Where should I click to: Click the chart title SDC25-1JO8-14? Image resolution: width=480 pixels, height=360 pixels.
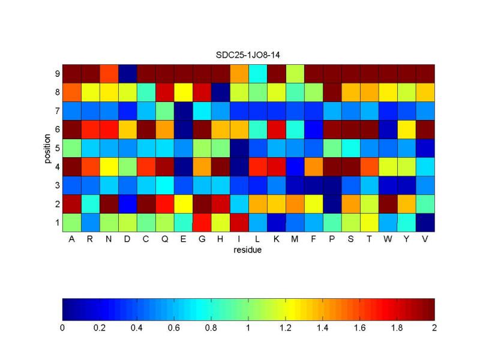pos(248,55)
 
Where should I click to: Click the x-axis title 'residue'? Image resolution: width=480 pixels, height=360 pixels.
pos(248,250)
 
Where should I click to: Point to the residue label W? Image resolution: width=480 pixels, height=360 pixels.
pos(388,240)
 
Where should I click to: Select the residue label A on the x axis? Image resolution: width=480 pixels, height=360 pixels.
pos(72,240)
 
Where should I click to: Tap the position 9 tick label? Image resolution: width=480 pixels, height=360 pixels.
pos(57,73)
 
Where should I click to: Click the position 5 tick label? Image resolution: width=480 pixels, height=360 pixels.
pos(57,148)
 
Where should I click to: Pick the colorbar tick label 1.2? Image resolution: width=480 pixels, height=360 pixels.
pos(286,328)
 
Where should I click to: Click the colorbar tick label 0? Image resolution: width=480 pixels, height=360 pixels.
pos(62,328)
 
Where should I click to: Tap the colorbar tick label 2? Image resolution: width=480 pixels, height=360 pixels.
pos(434,328)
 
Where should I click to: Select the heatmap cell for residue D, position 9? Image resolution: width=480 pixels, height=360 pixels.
pos(128,73)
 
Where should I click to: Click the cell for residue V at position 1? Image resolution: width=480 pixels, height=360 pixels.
pos(425,222)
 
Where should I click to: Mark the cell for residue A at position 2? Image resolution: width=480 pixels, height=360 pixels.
pos(72,203)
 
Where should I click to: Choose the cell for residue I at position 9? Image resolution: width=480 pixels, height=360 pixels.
pos(239,73)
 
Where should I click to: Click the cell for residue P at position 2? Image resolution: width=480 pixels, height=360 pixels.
pos(332,203)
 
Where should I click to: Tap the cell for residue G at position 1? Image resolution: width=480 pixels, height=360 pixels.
pos(202,222)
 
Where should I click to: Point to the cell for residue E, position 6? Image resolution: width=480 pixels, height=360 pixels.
pos(183,129)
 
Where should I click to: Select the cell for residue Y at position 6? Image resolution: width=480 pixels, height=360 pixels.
pos(406,129)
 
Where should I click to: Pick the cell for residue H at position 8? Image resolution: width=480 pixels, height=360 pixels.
pos(220,92)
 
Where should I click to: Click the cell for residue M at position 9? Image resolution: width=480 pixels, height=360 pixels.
pos(295,73)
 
